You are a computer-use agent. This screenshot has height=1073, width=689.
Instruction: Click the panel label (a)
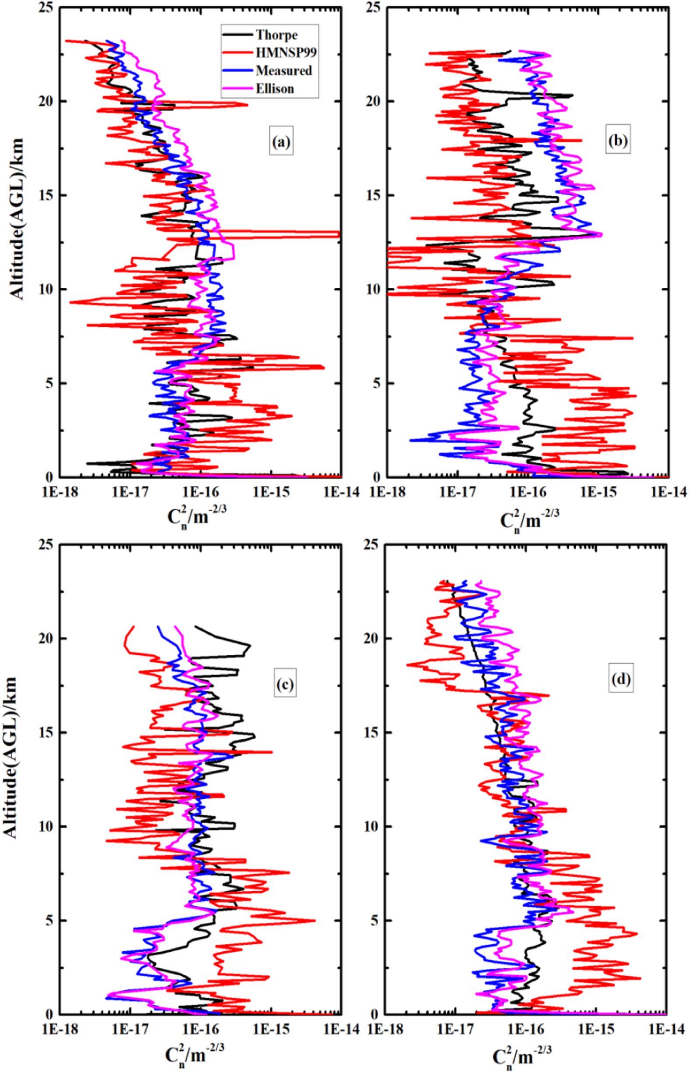[281, 142]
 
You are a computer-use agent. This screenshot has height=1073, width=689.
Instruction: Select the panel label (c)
[285, 685]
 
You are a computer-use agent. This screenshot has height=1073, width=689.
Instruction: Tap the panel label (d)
[621, 679]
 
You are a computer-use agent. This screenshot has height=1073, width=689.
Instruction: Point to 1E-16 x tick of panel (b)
[528, 492]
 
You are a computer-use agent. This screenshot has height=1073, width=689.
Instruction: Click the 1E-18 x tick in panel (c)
[61, 1030]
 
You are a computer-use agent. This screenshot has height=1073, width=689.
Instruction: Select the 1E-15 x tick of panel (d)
[597, 1030]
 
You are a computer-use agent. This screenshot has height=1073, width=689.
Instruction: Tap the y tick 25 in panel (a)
[47, 7]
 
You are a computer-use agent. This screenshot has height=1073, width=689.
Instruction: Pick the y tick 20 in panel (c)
[47, 638]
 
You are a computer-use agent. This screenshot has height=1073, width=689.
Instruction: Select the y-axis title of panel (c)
[10, 757]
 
